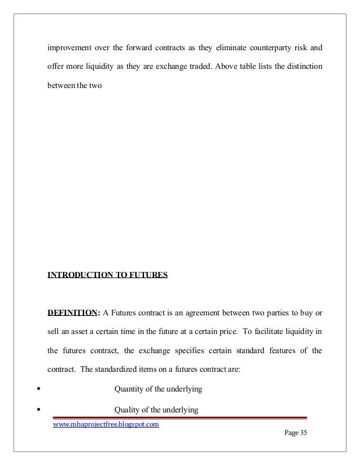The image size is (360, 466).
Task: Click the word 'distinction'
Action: (x=303, y=68)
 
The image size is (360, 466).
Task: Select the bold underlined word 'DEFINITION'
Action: (x=71, y=313)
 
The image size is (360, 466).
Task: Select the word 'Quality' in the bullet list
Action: (x=127, y=410)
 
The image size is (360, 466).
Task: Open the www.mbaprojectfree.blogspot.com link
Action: (x=106, y=424)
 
